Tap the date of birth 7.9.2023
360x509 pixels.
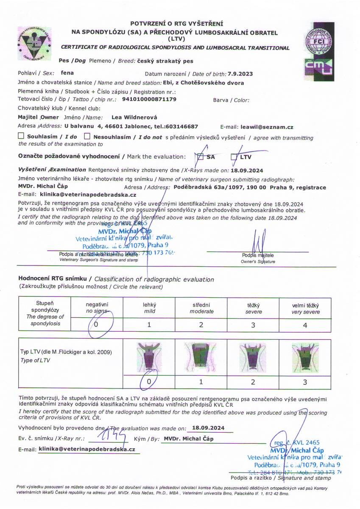click(x=240, y=74)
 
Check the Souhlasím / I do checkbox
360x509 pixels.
click(x=21, y=137)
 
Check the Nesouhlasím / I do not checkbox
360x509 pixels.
click(x=87, y=137)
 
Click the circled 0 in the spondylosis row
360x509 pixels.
click(x=96, y=325)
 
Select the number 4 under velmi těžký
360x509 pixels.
click(x=306, y=325)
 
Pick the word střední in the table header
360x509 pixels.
click(x=201, y=305)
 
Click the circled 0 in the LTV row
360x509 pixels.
click(x=149, y=381)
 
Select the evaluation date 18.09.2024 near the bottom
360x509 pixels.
click(x=208, y=428)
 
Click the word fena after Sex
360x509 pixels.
click(x=67, y=73)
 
